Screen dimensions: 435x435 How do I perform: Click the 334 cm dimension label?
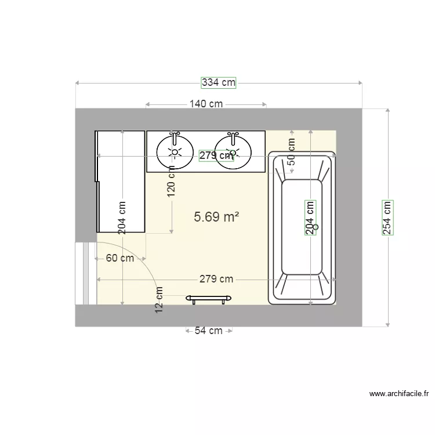(x=219, y=82)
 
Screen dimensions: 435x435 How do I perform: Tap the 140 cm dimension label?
(x=206, y=104)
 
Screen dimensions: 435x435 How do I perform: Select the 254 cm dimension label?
(x=387, y=217)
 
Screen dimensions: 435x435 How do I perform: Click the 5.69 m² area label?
(x=217, y=217)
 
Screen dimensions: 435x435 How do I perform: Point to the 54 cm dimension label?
(x=208, y=331)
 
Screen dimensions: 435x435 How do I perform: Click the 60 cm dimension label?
(x=120, y=259)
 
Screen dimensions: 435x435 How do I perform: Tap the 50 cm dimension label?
(x=291, y=152)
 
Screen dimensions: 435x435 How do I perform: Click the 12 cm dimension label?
(x=159, y=300)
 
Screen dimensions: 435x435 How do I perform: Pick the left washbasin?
(x=175, y=152)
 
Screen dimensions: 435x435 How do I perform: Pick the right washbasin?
(x=233, y=152)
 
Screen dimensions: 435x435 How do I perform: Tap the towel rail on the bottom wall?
(x=208, y=299)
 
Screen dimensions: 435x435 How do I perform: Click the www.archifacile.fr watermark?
(x=399, y=394)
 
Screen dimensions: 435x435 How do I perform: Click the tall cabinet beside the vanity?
(x=121, y=181)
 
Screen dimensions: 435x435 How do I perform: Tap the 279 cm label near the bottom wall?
(x=216, y=279)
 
